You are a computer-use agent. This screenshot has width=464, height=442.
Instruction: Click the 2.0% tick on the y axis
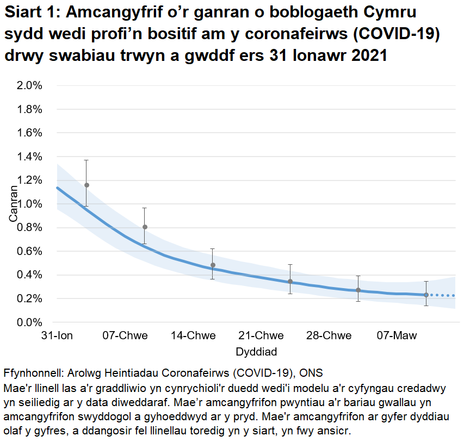[31, 85]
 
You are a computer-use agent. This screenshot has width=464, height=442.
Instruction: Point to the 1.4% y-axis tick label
[31, 157]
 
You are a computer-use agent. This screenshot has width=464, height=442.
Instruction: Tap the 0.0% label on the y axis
[31, 322]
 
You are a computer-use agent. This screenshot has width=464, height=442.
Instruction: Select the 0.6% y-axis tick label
[31, 251]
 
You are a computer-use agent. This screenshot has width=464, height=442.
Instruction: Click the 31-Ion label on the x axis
[57, 336]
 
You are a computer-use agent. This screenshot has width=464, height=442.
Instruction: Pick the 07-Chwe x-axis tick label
[125, 336]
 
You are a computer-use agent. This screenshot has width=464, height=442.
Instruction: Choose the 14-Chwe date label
[193, 336]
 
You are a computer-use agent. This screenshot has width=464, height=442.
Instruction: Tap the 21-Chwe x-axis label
[261, 336]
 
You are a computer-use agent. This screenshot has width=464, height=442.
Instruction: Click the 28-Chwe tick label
[329, 336]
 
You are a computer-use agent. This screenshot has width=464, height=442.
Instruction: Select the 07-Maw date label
[398, 336]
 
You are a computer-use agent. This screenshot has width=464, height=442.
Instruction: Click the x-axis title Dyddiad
[254, 352]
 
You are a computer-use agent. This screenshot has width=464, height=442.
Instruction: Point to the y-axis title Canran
[13, 204]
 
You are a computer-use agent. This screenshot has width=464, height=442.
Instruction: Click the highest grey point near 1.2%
[86, 185]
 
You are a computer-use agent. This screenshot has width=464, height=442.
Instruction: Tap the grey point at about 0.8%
[145, 227]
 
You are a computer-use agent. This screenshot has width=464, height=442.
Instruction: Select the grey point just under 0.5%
[213, 265]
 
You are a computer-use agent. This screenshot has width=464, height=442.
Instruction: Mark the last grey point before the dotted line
[426, 295]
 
